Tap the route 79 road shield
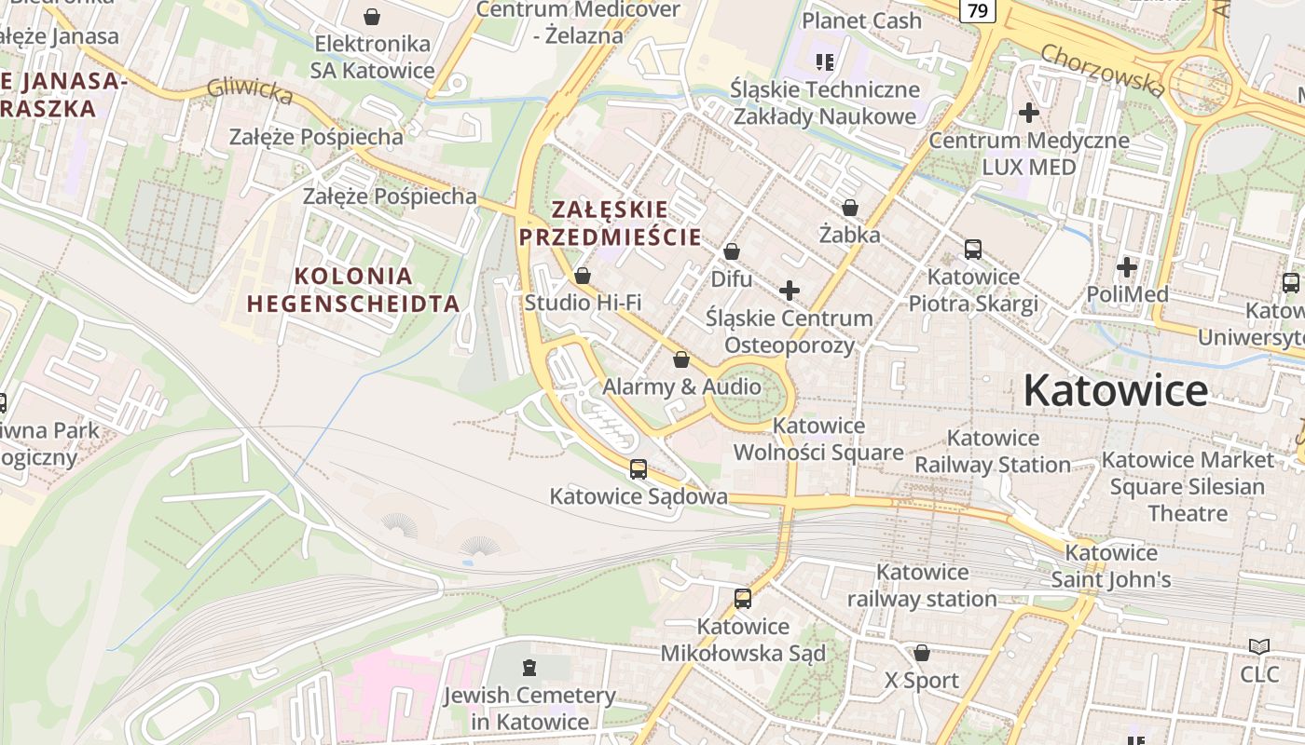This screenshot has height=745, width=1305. [977, 10]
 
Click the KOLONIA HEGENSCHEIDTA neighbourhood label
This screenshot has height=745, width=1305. [353, 290]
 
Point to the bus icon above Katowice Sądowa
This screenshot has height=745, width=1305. [639, 468]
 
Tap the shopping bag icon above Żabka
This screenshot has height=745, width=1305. [849, 208]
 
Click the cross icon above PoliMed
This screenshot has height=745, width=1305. [1127, 268]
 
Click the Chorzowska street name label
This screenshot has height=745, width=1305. [1103, 70]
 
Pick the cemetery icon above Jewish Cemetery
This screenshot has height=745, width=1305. [529, 667]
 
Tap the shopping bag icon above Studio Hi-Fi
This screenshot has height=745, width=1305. [583, 276]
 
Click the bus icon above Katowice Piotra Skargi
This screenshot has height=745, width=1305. [973, 250]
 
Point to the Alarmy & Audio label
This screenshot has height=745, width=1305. [681, 386]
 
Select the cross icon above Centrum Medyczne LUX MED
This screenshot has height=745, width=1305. [1029, 113]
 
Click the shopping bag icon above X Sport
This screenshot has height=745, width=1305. [922, 653]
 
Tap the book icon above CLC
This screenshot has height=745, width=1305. [1259, 646]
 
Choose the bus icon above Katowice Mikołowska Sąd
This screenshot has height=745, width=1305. [743, 599]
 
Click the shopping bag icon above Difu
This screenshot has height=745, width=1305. [732, 251]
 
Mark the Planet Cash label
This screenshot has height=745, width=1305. [861, 20]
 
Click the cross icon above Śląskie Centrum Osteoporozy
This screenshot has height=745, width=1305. [790, 291]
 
